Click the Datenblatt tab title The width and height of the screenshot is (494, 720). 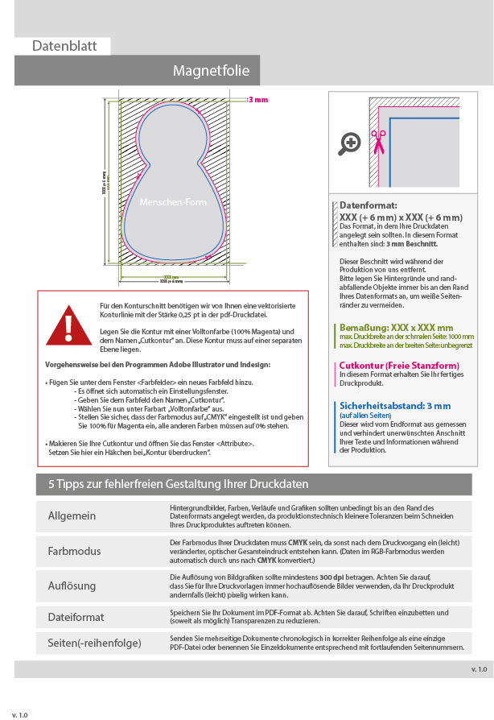point(64,46)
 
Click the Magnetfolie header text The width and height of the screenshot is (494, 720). point(212,71)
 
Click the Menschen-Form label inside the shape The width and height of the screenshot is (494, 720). point(173,202)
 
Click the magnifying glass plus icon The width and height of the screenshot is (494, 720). point(350,143)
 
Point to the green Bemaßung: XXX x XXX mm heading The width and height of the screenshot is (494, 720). point(396,328)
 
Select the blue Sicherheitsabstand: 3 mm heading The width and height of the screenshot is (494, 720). point(395,405)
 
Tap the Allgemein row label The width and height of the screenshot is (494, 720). point(72,516)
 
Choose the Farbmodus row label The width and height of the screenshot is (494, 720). point(75,551)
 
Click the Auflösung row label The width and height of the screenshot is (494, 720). point(72,586)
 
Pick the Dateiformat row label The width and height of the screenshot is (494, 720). point(76,617)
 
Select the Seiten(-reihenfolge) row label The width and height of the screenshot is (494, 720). point(95,643)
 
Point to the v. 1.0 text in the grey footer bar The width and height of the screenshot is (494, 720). point(479,669)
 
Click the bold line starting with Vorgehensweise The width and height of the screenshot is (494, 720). point(158,365)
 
